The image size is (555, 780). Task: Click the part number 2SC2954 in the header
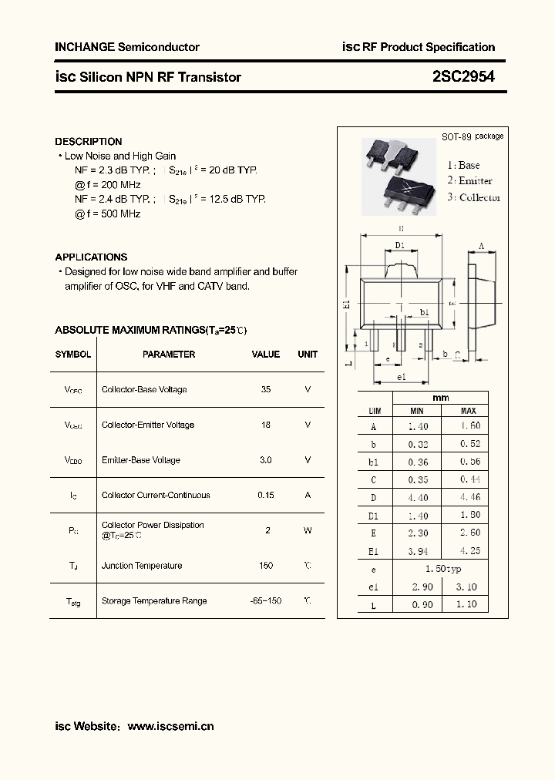tap(463, 76)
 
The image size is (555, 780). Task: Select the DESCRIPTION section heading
tap(89, 142)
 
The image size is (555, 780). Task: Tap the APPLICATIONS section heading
tap(91, 257)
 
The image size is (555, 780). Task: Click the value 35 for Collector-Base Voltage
tap(266, 389)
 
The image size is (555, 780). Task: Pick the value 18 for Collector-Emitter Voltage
tap(266, 425)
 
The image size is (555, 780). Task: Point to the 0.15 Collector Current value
tap(266, 495)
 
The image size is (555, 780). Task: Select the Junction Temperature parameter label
tap(142, 566)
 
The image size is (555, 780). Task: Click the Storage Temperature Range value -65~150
tap(266, 600)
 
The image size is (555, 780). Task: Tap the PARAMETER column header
tap(169, 355)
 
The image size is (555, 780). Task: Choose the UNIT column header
tap(308, 355)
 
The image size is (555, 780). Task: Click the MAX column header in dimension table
tap(468, 412)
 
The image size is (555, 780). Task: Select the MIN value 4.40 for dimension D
tap(417, 498)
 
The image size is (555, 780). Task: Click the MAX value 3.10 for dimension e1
tap(468, 587)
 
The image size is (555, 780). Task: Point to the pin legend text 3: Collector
tap(474, 197)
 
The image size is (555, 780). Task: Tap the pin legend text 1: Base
tap(463, 165)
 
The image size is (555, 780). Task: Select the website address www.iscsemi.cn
tap(170, 726)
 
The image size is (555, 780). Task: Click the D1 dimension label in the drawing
tap(400, 245)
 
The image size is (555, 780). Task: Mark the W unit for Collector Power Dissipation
tap(308, 530)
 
